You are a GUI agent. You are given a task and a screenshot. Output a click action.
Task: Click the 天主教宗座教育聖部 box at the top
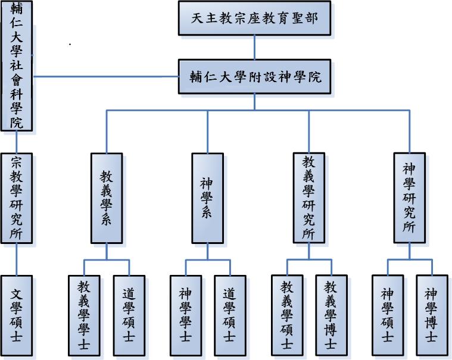[254, 18]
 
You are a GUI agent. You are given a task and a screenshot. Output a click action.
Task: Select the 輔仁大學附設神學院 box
[254, 76]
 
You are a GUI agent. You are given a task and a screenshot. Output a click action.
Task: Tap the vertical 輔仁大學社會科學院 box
[17, 65]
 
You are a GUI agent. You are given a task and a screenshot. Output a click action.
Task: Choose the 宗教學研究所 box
[17, 198]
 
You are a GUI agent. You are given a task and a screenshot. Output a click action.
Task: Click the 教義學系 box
[107, 198]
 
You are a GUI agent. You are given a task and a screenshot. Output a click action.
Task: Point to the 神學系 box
[207, 198]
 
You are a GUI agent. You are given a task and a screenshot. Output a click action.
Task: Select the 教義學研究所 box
[308, 198]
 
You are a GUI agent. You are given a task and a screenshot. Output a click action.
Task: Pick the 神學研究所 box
[410, 198]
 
